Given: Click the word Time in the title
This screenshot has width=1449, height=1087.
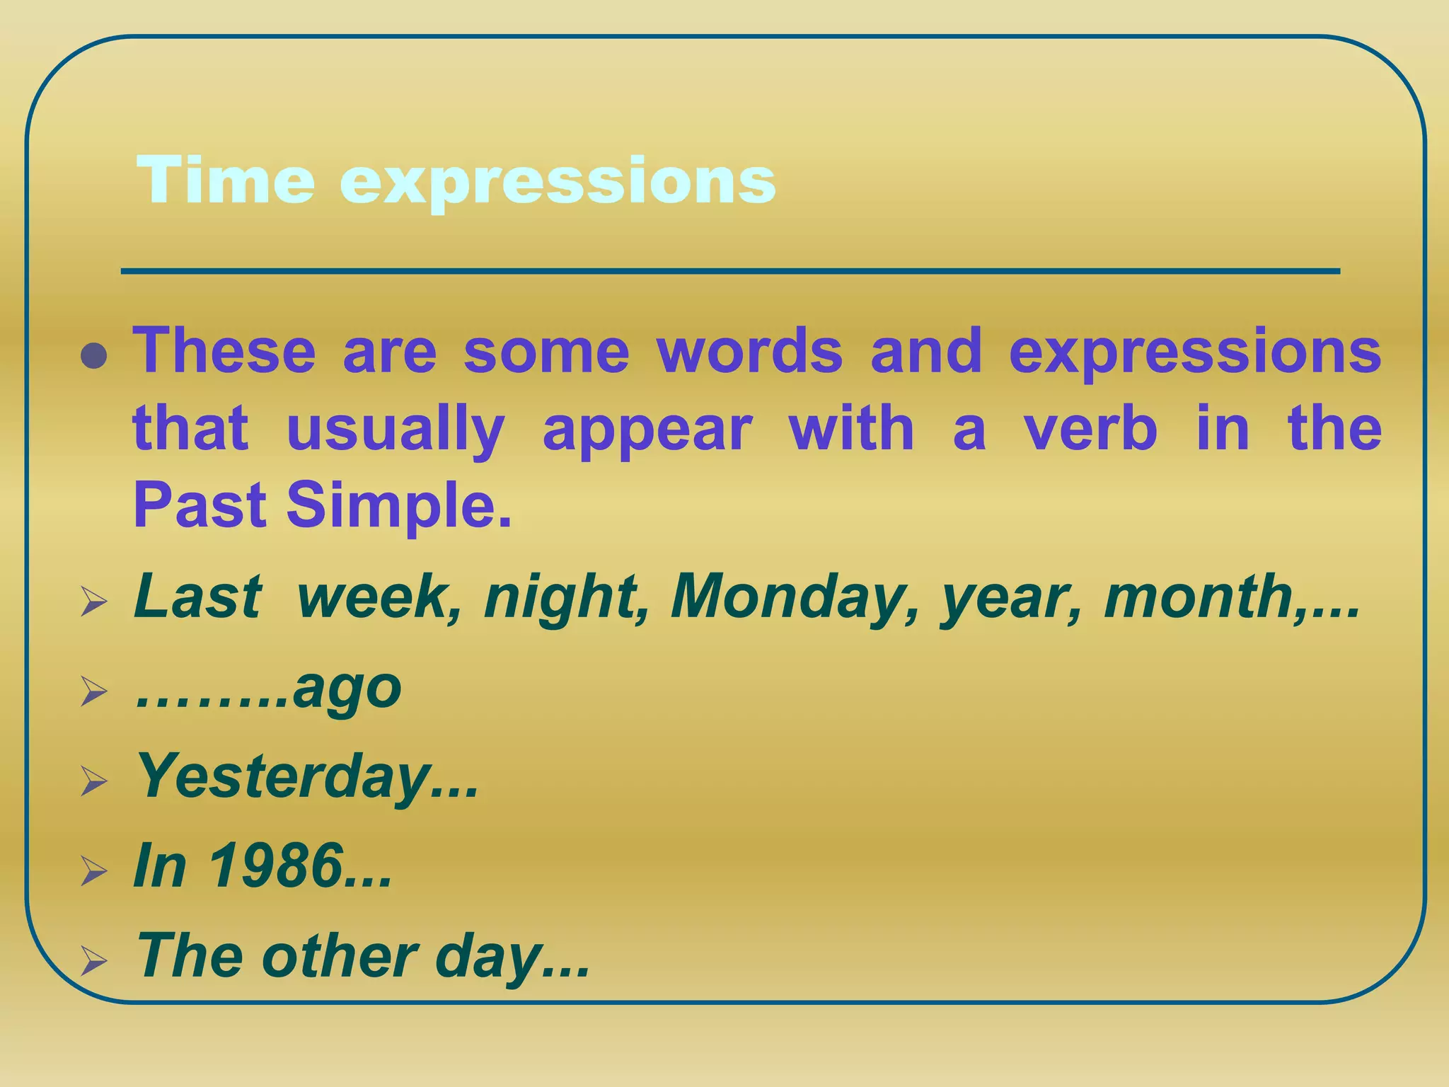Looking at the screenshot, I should (x=225, y=180).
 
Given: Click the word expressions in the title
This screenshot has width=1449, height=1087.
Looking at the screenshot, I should (x=558, y=183).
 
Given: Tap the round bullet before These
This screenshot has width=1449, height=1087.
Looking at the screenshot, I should (x=93, y=355).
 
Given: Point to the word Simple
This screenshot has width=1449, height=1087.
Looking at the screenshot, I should (x=398, y=505).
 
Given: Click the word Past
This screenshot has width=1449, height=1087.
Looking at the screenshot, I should (x=200, y=505).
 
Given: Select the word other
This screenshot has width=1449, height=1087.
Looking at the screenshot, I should (x=340, y=956).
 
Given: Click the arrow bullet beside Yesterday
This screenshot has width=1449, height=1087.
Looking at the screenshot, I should (x=93, y=781).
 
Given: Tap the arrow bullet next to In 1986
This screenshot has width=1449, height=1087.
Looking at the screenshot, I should (x=93, y=870).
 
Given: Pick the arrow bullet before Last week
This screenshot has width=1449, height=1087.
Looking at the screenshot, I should (x=93, y=602).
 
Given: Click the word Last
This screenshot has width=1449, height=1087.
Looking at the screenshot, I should (x=198, y=596).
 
